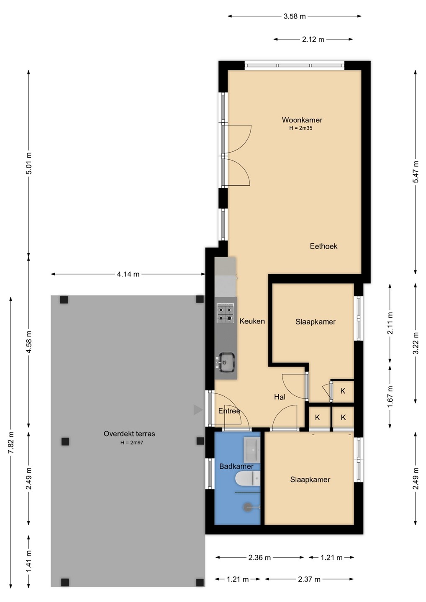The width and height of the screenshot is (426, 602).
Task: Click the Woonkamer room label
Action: point(302,120)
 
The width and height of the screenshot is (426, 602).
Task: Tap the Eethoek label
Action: point(323,246)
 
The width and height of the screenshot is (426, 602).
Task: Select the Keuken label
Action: point(252,321)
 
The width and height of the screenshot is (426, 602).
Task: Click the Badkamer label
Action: point(236,466)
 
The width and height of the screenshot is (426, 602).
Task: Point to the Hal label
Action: point(280,397)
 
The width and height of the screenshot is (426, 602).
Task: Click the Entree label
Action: point(229,411)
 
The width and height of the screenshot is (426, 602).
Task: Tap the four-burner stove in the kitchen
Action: point(226,313)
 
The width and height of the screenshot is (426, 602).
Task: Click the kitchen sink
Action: point(226,362)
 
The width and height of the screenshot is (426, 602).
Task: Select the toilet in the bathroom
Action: point(248,478)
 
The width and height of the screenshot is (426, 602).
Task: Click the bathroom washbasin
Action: point(252,450)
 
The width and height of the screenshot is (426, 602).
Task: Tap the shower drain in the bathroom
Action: point(246,507)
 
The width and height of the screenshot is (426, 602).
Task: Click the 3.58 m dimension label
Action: point(295,16)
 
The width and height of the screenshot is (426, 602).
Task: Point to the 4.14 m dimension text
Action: point(128,274)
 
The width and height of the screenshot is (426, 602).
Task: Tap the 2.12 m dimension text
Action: point(313,39)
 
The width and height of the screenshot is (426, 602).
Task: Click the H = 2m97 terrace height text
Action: point(132,442)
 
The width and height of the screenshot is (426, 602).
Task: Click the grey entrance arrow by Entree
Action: point(198,410)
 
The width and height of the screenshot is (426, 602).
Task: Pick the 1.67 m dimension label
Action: point(390,396)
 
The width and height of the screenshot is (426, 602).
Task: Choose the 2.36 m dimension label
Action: point(259,558)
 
